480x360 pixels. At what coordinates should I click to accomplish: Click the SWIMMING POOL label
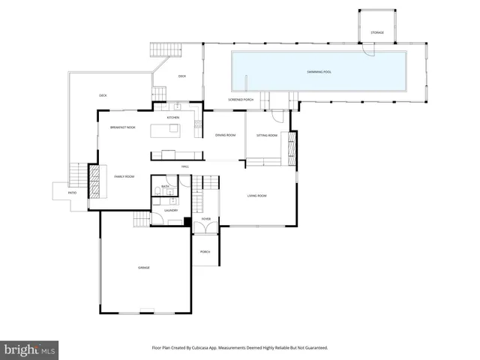(x=319, y=71)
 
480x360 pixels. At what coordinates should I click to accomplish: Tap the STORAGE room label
(x=376, y=33)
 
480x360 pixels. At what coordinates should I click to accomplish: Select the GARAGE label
(x=143, y=268)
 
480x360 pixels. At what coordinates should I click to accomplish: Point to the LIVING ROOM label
(x=257, y=196)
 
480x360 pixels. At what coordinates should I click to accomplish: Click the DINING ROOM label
(x=226, y=135)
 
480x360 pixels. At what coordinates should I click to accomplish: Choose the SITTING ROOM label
(x=267, y=135)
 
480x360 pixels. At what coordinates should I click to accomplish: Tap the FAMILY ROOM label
(x=124, y=176)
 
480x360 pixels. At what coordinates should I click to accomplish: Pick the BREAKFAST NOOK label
(x=122, y=127)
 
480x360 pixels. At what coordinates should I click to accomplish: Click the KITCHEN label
(x=173, y=118)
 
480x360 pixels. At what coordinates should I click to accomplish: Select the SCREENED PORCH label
(x=241, y=100)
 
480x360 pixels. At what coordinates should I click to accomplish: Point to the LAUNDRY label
(x=171, y=211)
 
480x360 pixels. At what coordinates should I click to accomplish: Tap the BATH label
(x=165, y=186)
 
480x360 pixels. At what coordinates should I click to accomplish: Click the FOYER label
(x=205, y=219)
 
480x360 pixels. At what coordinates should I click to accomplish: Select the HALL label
(x=184, y=166)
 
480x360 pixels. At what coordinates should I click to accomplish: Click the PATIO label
(x=72, y=193)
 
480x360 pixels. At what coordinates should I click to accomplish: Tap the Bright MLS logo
(x=30, y=349)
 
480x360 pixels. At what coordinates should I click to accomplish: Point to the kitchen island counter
(x=166, y=130)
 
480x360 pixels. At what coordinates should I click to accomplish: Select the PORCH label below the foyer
(x=205, y=251)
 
